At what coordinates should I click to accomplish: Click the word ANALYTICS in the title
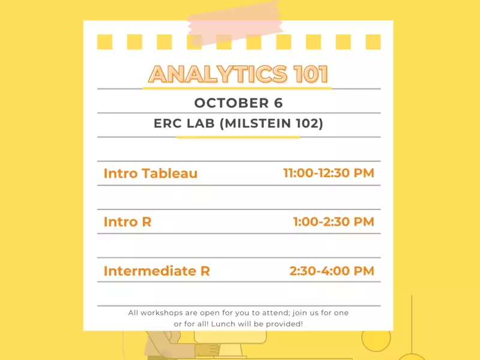(x=218, y=74)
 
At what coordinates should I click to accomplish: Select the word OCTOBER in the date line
(x=232, y=103)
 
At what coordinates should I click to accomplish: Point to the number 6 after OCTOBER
(x=278, y=103)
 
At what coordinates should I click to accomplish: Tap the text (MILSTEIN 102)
(x=272, y=124)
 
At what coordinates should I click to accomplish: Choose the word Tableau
(x=170, y=173)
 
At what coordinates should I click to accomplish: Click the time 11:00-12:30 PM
(x=329, y=173)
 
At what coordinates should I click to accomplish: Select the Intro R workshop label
(x=128, y=221)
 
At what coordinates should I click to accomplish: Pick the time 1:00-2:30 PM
(x=334, y=221)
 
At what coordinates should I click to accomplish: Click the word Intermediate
(x=149, y=271)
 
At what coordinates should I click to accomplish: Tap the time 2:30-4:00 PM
(x=332, y=271)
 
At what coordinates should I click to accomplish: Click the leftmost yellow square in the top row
(x=104, y=42)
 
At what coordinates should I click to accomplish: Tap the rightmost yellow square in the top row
(x=373, y=42)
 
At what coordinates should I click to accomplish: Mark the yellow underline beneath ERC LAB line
(x=238, y=137)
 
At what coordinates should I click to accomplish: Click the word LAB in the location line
(x=201, y=124)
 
